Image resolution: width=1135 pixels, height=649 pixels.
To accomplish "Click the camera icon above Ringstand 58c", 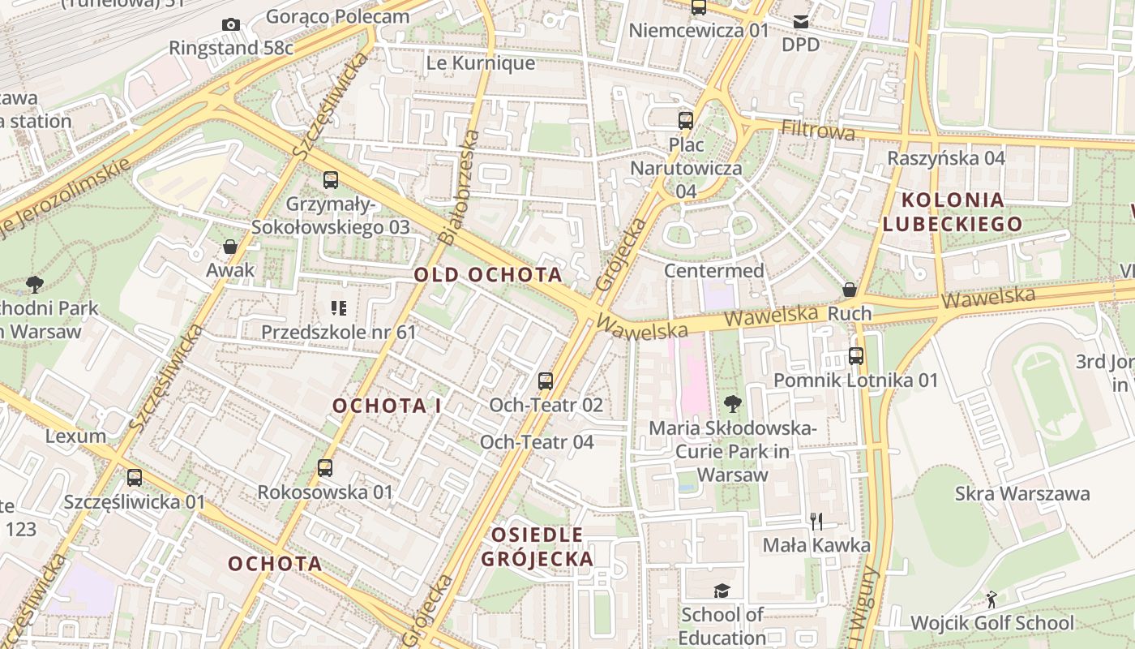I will coord(231,25).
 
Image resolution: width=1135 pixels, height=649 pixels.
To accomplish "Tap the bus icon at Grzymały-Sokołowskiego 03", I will coord(330,180).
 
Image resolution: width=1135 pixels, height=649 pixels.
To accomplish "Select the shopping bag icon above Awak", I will coord(230,247).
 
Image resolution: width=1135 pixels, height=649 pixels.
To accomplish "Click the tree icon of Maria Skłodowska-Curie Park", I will coord(732,403).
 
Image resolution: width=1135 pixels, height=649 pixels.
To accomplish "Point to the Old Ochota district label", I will coord(488,275).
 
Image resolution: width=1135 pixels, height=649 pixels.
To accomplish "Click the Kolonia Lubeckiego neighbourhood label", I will coord(953,212).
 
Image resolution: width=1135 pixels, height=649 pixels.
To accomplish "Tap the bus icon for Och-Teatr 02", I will coord(546,380).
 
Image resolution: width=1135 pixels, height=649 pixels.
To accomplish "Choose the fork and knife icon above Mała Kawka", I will coord(816,521).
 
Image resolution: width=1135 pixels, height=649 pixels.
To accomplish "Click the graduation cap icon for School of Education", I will coord(722,591).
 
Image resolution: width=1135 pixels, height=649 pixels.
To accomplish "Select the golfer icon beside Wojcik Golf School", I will coord(991,600).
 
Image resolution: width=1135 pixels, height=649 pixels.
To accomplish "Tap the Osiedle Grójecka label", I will coord(538,547).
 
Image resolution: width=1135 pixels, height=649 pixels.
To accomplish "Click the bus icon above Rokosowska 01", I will coord(325,468).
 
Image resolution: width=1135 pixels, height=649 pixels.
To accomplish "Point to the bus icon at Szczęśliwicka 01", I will coord(135,478).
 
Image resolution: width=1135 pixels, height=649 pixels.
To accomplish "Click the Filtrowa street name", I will coord(818,131).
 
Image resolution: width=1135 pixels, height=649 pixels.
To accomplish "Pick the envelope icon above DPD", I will coord(801,21).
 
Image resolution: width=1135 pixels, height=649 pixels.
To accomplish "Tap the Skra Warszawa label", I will coord(1021,493).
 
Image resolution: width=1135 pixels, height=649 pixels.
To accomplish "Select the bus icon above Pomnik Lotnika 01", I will coord(856,355).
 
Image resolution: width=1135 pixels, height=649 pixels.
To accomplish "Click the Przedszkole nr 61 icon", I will coord(338,308).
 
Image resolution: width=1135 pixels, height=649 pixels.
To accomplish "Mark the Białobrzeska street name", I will coord(458,187).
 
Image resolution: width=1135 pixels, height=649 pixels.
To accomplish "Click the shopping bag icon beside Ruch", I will coord(850,290).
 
